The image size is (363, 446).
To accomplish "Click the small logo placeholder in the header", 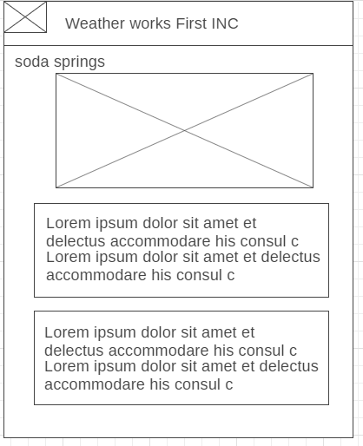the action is click(25, 17).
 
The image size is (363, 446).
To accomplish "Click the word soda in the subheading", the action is click(32, 62).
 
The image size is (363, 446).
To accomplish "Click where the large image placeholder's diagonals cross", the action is click(184, 131).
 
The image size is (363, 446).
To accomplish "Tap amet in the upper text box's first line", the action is click(221, 223).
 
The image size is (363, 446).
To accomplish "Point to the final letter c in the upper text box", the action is click(231, 275).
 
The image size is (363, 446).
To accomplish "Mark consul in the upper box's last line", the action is click(201, 275).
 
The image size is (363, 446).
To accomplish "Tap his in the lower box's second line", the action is click(221, 351).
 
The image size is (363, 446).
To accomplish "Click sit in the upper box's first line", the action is click(191, 223).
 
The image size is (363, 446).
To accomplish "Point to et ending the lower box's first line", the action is click(248, 332).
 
